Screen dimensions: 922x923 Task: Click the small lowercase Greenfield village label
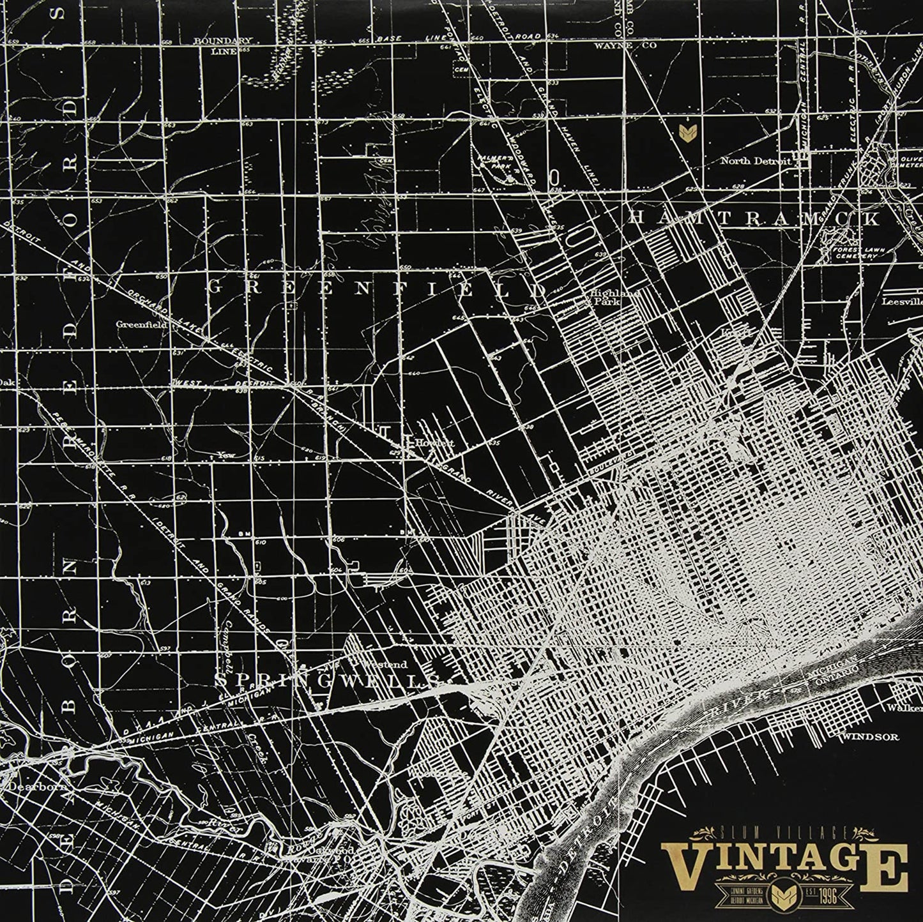click(142, 324)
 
